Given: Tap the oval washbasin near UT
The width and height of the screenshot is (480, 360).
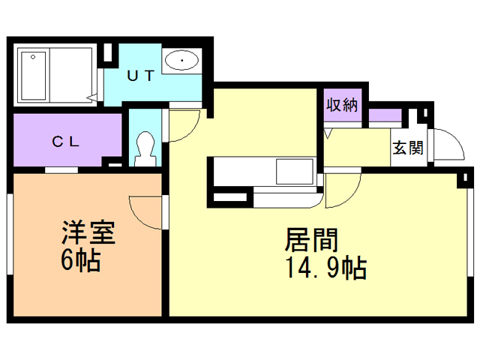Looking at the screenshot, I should (180, 61).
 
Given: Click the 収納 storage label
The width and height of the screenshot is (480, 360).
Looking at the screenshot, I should (342, 105).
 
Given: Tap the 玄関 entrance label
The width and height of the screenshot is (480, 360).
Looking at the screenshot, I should (407, 147).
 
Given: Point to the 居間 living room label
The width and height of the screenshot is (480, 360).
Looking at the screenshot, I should (310, 240).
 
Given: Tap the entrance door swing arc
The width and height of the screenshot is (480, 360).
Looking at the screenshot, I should (442, 144).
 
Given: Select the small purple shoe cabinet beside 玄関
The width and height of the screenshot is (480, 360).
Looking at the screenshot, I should (384, 116).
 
